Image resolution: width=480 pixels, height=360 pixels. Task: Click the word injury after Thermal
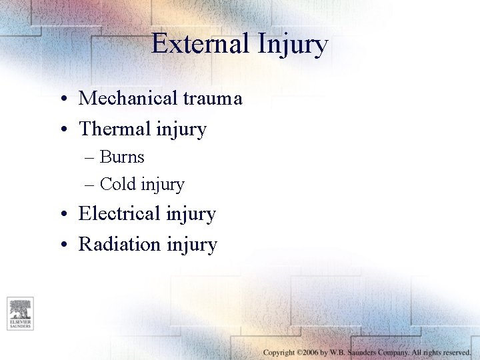[181, 130]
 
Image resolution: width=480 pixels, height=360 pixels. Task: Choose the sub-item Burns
[122, 157]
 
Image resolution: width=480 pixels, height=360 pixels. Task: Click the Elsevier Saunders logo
[20, 313]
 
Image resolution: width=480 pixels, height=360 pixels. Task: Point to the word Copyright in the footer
[279, 352]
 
